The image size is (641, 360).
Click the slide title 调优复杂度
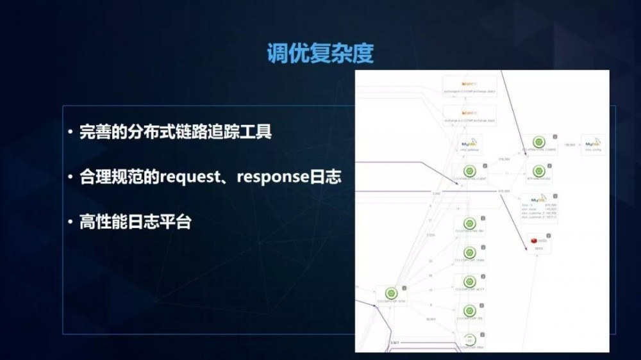tap(320, 54)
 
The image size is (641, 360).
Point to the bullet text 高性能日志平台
tap(135, 222)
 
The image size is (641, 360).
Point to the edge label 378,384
tap(503, 157)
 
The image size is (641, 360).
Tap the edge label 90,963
tap(431, 318)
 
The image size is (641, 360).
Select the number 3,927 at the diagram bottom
tap(394, 343)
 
